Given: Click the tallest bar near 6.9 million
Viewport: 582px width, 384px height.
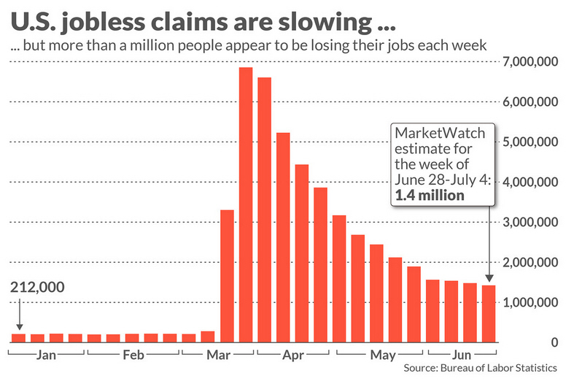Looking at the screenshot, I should [x=246, y=204].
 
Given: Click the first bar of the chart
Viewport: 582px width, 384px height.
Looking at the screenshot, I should [x=18, y=338].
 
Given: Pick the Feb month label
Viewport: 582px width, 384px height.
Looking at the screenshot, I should [x=133, y=356].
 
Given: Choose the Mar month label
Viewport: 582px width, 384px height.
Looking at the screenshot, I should [x=218, y=356].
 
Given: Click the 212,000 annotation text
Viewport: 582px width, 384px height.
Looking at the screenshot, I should [x=38, y=287].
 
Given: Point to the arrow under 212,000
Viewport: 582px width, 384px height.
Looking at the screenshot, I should [x=19, y=315].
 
